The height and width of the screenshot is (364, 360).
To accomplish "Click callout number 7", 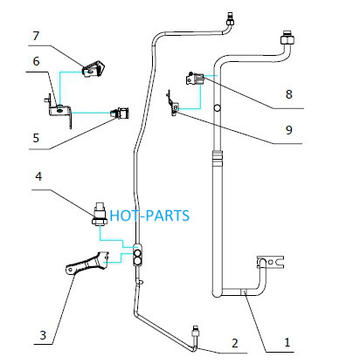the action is tap(36, 36).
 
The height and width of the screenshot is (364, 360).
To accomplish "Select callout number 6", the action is tap(36, 61).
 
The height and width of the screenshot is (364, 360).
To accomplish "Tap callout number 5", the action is tap(36, 138).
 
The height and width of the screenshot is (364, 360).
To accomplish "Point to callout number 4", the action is tap(38, 176).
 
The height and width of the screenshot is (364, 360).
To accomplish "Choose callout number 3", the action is tap(43, 335).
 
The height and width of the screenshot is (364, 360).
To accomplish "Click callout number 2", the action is tap(235, 343).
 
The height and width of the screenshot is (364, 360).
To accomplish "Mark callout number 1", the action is tap(287, 342).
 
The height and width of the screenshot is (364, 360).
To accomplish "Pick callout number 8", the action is tap(288, 94).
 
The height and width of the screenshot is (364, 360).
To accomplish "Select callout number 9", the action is tap(288, 130).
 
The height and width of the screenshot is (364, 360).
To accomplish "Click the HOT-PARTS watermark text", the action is tap(149, 216).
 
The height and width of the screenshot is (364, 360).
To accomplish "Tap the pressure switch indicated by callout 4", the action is tap(100, 213).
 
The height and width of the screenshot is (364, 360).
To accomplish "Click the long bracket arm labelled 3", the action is tap(87, 263).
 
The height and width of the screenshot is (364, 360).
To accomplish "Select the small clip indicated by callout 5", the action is tap(120, 113).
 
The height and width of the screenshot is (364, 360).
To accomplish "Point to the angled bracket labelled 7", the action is tap(93, 69).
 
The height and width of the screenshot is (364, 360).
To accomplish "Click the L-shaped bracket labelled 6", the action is tap(59, 111).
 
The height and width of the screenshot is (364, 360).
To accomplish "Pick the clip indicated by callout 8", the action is tap(195, 79).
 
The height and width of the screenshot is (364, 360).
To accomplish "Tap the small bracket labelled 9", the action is tap(173, 104).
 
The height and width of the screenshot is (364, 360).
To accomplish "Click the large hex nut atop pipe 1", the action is tap(287, 38).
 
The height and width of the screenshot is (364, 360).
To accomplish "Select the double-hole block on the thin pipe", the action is tap(137, 255).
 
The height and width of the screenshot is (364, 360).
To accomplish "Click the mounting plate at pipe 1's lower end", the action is tap(270, 262).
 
